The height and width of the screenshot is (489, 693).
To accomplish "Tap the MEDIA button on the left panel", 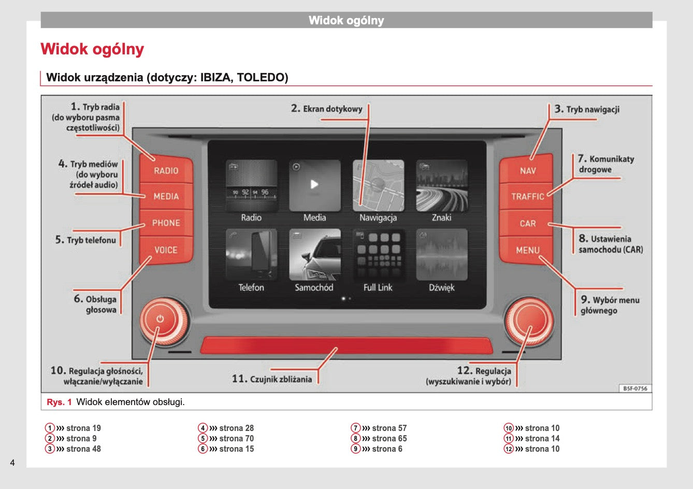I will click(x=166, y=196).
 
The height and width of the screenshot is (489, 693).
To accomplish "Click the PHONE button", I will click(x=166, y=223).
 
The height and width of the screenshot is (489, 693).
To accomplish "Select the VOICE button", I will click(x=166, y=250).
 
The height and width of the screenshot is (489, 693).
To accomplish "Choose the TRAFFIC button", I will click(x=527, y=196).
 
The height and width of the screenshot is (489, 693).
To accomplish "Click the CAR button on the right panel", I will click(x=527, y=223).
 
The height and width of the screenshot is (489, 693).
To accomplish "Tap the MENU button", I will click(x=527, y=250).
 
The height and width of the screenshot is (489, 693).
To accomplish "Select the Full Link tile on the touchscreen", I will click(x=378, y=255).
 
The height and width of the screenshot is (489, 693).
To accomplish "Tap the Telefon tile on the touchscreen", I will click(x=251, y=255).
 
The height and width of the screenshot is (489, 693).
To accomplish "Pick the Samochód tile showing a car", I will click(x=314, y=255).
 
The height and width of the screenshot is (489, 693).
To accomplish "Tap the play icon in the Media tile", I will click(x=314, y=184).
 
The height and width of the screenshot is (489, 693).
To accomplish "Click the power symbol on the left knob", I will click(x=160, y=319).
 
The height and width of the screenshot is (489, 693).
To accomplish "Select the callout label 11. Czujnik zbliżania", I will click(x=272, y=379).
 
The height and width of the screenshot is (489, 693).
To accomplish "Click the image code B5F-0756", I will click(x=634, y=389).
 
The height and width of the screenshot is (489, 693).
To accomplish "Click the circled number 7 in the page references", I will click(x=355, y=428).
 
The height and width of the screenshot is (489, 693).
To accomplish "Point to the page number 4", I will click(x=12, y=463).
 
